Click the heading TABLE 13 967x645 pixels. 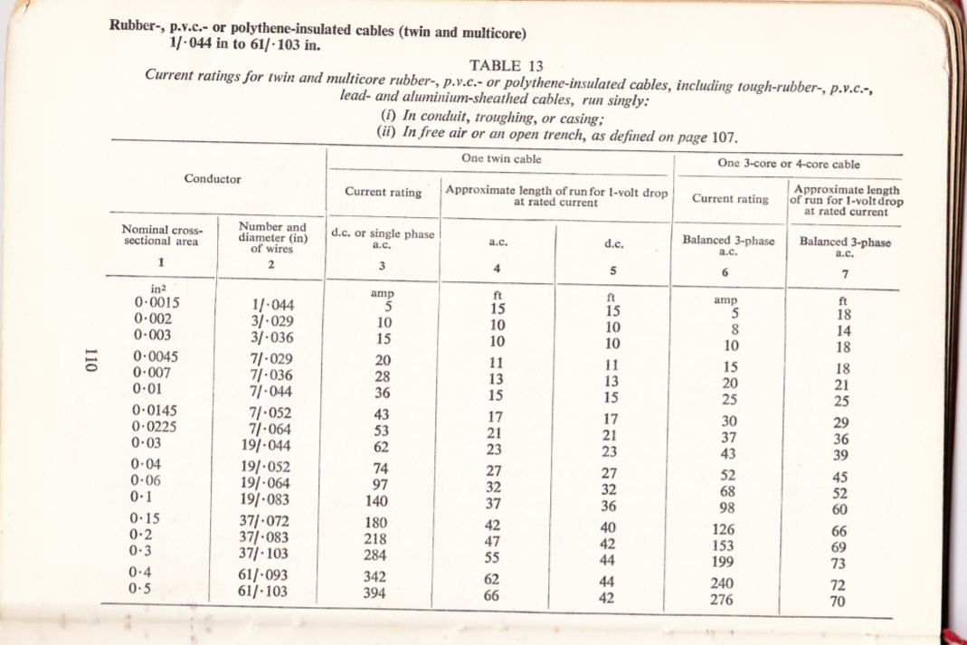[x=507, y=65]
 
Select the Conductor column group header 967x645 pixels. [x=213, y=178]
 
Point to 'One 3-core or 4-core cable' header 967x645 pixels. [x=788, y=164]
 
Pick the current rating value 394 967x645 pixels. [x=375, y=593]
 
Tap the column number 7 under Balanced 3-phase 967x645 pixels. [x=844, y=274]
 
